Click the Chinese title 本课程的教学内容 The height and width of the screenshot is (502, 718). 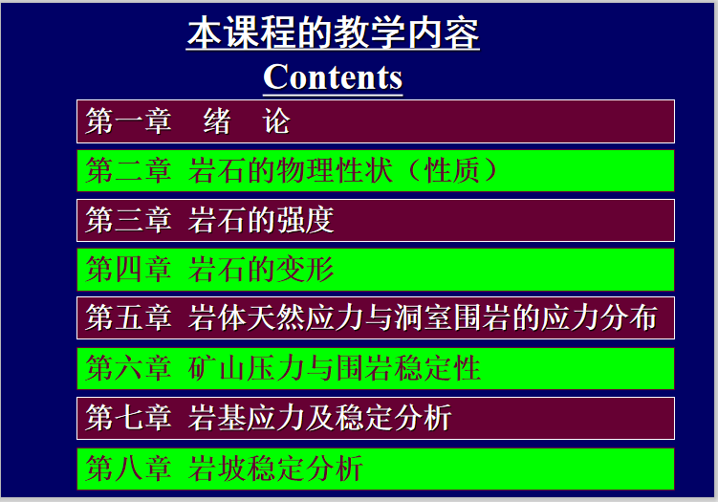pyautogui.click(x=333, y=33)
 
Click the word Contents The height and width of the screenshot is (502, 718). pyautogui.click(x=333, y=76)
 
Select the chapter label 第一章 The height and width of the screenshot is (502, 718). pyautogui.click(x=128, y=121)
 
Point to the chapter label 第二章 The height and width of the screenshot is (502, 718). pyautogui.click(x=128, y=171)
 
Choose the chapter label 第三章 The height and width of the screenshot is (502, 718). pyautogui.click(x=128, y=221)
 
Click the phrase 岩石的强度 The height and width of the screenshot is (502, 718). pyautogui.click(x=262, y=221)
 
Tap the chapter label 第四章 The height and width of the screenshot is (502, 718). pyautogui.click(x=128, y=270)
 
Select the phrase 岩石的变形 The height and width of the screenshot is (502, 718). pyautogui.click(x=262, y=270)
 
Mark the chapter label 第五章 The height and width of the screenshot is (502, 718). pyautogui.click(x=128, y=318)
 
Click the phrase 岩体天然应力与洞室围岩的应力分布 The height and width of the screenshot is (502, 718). pyautogui.click(x=424, y=318)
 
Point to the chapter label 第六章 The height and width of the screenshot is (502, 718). pyautogui.click(x=128, y=368)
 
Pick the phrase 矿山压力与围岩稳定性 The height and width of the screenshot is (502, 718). pyautogui.click(x=335, y=368)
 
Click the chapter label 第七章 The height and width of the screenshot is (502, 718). pyautogui.click(x=128, y=418)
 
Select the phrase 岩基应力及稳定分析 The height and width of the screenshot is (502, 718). pyautogui.click(x=320, y=418)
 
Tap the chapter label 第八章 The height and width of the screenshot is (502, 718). pyautogui.click(x=128, y=469)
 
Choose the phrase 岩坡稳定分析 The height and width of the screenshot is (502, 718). pyautogui.click(x=276, y=469)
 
